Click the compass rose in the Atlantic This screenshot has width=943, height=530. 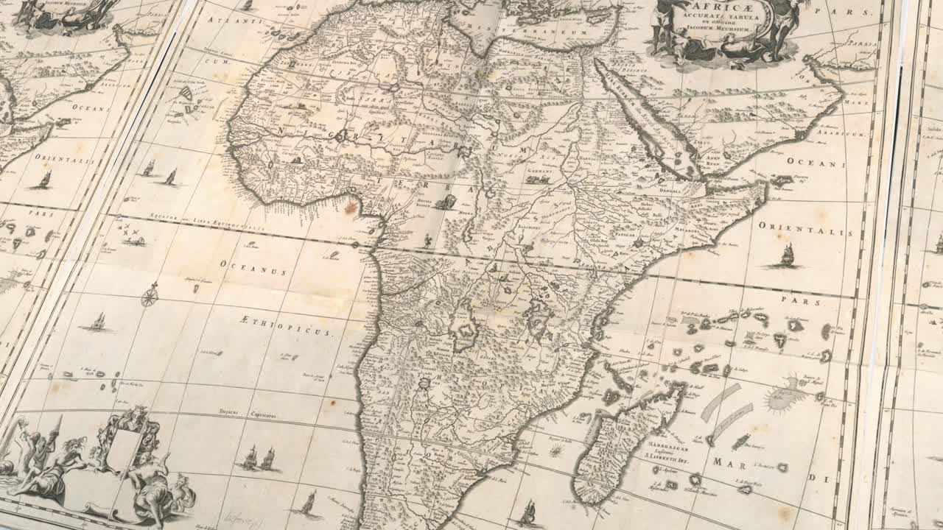[x=150, y=296]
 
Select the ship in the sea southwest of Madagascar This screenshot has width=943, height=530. [x=528, y=512]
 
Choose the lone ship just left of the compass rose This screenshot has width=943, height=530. [x=98, y=322]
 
